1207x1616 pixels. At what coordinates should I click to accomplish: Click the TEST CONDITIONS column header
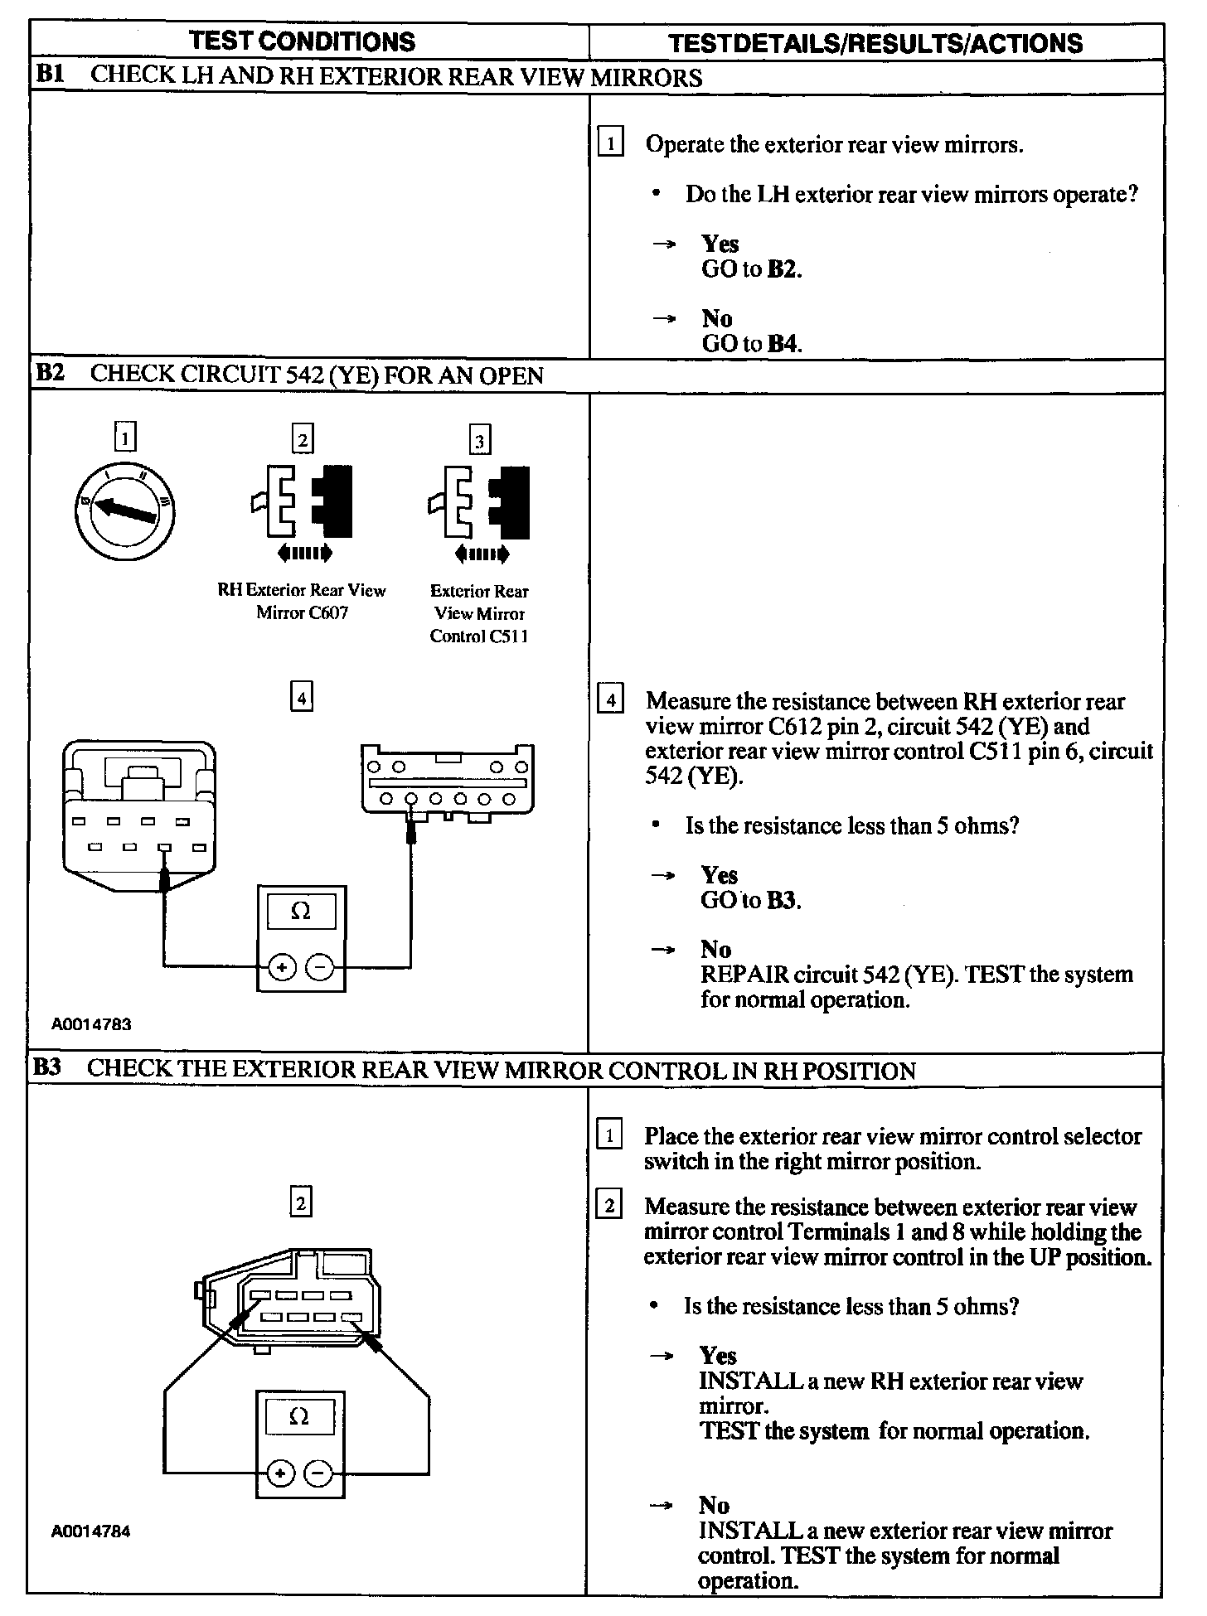302,41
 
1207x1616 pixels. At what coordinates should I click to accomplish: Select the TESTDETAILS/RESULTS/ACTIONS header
875,43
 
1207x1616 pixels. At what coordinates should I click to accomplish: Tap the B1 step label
50,75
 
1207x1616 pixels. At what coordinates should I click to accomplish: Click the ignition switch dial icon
124,510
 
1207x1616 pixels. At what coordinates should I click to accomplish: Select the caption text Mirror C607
302,613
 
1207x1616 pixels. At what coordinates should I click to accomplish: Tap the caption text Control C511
479,636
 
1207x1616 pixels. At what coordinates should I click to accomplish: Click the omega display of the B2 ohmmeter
301,912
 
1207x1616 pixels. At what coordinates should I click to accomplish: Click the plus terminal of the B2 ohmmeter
282,966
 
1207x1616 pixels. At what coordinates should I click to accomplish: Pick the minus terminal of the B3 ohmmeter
319,1473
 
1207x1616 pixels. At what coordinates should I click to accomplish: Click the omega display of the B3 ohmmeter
300,1418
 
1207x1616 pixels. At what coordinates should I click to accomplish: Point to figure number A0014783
91,1024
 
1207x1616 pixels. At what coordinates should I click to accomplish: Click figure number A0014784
91,1531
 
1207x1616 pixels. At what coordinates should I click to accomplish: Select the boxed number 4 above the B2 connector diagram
302,698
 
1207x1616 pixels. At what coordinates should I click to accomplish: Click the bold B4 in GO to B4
783,343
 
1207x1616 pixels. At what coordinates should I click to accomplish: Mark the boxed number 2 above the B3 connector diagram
301,1202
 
